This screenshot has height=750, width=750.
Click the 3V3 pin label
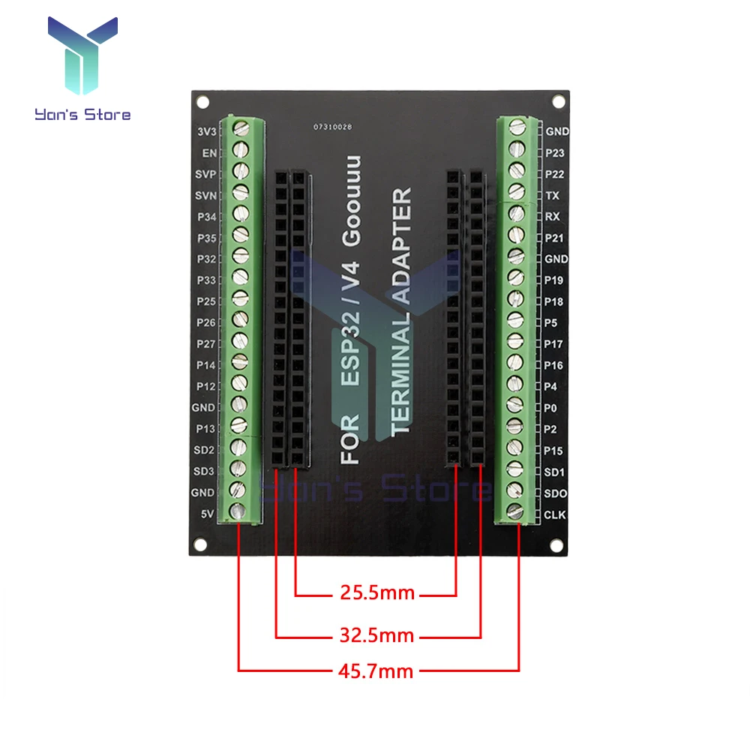(205, 131)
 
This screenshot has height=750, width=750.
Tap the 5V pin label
(208, 514)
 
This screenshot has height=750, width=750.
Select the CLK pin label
(556, 514)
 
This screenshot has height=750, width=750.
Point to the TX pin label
(552, 195)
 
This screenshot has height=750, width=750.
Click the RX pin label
(553, 216)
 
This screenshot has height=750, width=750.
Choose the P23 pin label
(556, 152)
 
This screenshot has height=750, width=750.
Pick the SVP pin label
(205, 174)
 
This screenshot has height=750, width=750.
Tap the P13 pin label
(205, 429)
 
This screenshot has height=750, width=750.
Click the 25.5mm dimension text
(373, 594)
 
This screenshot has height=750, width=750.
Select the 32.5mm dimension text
(373, 637)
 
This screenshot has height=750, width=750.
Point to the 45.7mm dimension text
(373, 670)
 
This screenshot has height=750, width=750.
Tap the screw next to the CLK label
(516, 511)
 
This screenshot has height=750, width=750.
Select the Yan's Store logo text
(82, 115)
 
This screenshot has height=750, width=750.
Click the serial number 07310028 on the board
(332, 127)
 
